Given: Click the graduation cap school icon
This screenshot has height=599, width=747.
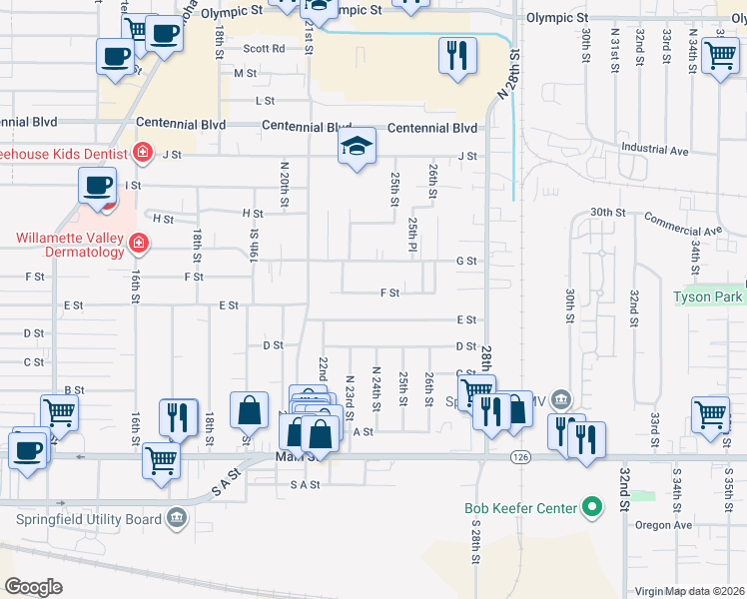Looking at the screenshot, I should [x=357, y=147].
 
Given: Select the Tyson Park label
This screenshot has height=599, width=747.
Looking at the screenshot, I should [x=708, y=298].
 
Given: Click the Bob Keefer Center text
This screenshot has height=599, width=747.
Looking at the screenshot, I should [x=520, y=508].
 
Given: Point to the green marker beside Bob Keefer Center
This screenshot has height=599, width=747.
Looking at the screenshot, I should [x=593, y=508].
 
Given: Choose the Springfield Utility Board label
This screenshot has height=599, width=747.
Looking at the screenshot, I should [x=89, y=519].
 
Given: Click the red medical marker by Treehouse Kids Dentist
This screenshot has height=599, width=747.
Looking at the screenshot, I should [x=143, y=153].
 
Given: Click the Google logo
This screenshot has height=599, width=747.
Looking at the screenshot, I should [x=33, y=587].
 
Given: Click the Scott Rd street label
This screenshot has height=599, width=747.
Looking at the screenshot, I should [x=264, y=48].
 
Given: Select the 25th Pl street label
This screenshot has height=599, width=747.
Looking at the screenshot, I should [x=411, y=235].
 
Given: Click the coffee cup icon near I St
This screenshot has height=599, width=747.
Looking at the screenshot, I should [x=98, y=186].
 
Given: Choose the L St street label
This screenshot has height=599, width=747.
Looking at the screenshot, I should [x=265, y=101].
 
